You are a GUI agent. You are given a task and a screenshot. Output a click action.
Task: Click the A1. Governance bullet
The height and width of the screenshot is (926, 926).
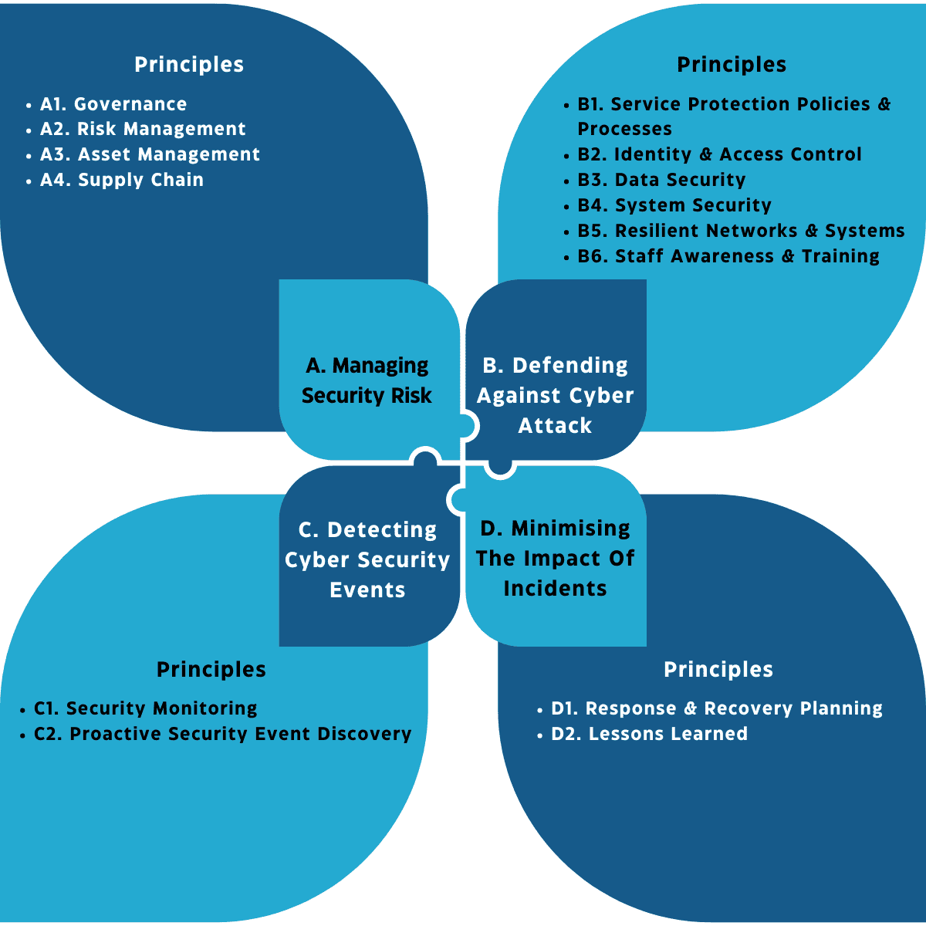(x=113, y=104)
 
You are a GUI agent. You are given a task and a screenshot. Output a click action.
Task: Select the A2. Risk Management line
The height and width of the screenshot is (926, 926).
(x=143, y=129)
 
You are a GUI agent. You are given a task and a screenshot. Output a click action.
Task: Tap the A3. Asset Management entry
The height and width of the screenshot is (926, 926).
(x=150, y=154)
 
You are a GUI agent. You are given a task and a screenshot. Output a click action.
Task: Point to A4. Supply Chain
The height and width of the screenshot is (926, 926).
(x=122, y=180)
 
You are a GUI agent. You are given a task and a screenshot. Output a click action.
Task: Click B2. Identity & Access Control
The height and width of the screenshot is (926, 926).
(x=719, y=154)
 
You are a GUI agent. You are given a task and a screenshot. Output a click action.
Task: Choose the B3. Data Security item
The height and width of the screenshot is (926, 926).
(x=661, y=180)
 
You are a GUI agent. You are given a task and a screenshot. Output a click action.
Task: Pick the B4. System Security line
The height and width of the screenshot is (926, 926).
(x=674, y=205)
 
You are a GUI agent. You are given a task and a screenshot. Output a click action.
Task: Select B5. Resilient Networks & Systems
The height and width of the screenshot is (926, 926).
(x=741, y=231)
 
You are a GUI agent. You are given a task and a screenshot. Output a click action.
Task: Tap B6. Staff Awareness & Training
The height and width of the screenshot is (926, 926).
(x=728, y=256)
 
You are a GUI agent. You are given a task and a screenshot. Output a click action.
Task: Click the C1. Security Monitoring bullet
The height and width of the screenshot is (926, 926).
(x=146, y=708)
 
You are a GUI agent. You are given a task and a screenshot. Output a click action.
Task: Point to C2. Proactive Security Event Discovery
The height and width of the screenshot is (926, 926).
(x=222, y=734)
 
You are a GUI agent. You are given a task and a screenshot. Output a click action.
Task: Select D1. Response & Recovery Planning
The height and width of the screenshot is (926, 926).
(x=716, y=708)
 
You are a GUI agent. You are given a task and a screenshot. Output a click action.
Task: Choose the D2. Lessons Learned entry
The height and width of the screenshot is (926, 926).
(x=649, y=734)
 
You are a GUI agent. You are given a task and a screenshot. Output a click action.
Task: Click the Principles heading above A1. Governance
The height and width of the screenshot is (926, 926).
(x=189, y=65)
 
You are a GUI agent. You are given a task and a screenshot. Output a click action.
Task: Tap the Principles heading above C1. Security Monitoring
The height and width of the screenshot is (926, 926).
(x=211, y=669)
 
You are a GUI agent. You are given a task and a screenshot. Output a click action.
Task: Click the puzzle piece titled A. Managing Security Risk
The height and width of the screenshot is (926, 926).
(x=367, y=380)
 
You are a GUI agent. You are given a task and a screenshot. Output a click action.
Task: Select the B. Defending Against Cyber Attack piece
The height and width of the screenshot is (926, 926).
(x=555, y=395)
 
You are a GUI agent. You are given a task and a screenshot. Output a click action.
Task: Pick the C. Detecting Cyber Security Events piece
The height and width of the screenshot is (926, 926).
(x=367, y=559)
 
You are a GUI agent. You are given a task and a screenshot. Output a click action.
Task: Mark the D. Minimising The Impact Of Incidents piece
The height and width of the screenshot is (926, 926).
(x=555, y=558)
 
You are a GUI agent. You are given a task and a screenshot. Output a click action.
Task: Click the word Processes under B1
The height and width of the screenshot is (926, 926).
(x=624, y=129)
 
